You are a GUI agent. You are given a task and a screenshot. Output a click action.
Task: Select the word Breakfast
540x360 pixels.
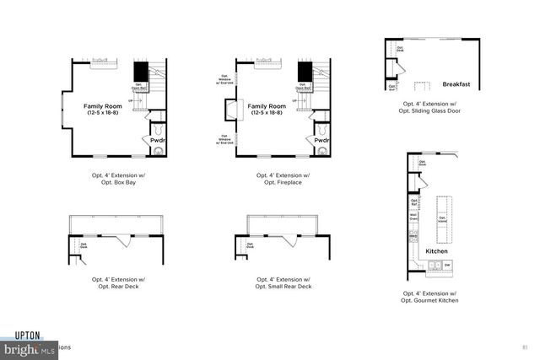[456, 84]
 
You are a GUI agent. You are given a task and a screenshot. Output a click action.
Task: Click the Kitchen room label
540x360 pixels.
[436, 251]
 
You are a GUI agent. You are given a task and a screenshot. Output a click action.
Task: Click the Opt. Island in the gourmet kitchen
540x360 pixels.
[443, 218]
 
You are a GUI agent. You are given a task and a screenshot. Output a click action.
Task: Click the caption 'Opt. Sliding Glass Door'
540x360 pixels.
[430, 111]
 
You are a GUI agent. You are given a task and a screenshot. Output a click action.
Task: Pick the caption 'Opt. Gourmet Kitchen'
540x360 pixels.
[430, 300]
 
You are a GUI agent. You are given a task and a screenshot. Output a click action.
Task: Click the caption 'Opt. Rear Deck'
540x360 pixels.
[115, 287]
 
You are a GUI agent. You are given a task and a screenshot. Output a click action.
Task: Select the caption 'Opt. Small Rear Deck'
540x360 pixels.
[283, 287]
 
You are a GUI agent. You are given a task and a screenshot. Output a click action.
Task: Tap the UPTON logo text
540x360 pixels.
[27, 336]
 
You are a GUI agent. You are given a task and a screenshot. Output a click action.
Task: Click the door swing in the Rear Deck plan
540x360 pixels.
[124, 241]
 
